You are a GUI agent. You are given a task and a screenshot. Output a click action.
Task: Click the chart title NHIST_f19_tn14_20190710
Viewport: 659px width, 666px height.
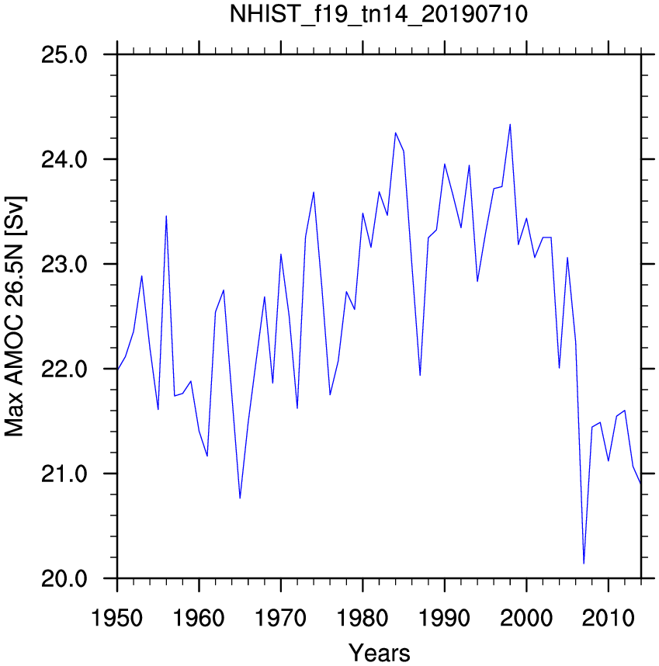[378, 15]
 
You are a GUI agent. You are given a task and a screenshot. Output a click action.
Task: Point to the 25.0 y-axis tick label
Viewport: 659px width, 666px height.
[64, 55]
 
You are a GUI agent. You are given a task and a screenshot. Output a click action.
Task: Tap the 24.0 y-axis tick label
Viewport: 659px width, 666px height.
[64, 160]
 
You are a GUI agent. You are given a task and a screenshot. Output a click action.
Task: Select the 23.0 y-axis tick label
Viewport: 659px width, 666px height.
[64, 265]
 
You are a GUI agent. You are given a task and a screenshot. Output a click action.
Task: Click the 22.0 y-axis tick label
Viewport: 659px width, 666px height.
[64, 369]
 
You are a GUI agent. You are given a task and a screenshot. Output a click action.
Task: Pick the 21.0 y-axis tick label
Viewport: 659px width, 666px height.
[64, 474]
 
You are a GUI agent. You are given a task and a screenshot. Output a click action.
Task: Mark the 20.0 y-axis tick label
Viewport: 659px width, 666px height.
[64, 578]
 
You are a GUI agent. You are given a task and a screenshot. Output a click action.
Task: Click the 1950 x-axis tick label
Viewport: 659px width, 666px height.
[116, 618]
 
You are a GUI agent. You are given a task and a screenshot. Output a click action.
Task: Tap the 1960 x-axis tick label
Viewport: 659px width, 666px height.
[199, 618]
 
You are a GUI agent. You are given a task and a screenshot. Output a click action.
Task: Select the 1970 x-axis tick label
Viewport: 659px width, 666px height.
[281, 618]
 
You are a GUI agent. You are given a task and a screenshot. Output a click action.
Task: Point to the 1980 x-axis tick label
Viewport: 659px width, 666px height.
[362, 618]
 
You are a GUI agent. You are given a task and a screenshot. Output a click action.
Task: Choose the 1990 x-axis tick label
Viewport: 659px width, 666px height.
[445, 618]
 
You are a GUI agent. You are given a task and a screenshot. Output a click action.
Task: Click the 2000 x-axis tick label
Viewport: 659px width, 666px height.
[526, 618]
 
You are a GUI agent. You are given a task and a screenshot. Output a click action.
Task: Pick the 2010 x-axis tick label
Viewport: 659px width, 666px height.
[609, 618]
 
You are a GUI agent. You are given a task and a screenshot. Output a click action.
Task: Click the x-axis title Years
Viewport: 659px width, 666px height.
[380, 653]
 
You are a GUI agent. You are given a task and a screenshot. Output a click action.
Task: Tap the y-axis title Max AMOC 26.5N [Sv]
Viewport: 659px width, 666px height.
[15, 317]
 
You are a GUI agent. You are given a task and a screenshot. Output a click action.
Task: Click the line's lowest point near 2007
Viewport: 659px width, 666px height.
[584, 564]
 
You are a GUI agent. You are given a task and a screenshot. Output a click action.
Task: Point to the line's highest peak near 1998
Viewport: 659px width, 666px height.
[510, 124]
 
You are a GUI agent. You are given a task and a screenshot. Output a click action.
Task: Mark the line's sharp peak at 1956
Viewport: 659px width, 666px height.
[166, 217]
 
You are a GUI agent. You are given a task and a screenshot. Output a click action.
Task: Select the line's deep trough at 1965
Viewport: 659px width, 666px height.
[240, 498]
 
